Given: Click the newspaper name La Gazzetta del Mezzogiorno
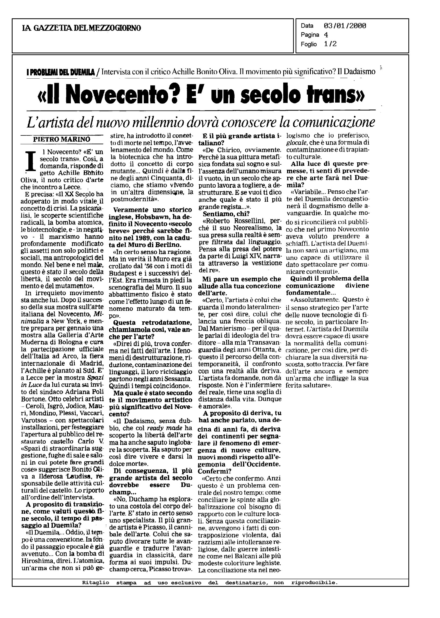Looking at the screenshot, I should pos(81,28).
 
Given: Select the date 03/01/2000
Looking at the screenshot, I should pos(345,26).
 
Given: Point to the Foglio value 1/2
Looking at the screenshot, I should pos(330,44).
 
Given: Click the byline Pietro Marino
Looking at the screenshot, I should pos(61,139).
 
